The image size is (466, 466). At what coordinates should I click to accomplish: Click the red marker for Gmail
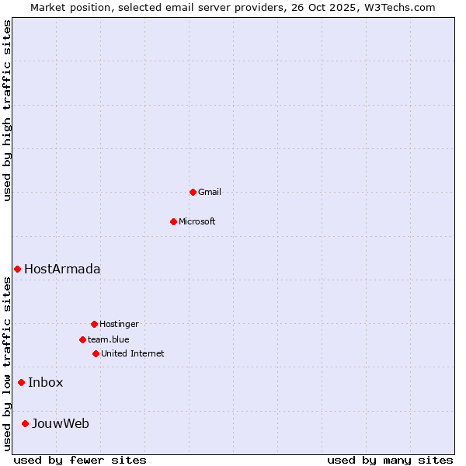pyautogui.click(x=193, y=192)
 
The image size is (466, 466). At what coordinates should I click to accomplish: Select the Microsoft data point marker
pyautogui.click(x=173, y=221)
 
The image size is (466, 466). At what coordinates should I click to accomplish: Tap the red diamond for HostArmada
pyautogui.click(x=17, y=269)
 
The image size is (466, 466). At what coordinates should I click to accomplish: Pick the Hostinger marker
pyautogui.click(x=94, y=324)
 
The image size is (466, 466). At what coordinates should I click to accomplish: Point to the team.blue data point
pyautogui.click(x=82, y=339)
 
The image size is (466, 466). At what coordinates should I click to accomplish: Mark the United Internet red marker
pyautogui.click(x=96, y=353)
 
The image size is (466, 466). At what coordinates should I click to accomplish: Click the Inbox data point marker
pyautogui.click(x=21, y=382)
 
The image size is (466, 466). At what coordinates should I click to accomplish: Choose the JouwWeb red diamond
pyautogui.click(x=25, y=423)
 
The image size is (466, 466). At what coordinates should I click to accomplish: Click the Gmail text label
pyautogui.click(x=210, y=192)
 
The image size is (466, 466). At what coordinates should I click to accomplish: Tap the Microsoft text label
pyautogui.click(x=197, y=221)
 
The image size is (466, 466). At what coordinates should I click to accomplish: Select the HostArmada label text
pyautogui.click(x=62, y=269)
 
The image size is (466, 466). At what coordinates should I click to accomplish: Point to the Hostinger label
pyautogui.click(x=119, y=324)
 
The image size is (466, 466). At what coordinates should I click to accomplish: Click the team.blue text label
pyautogui.click(x=109, y=339)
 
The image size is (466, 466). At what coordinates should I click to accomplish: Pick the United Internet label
pyautogui.click(x=133, y=353)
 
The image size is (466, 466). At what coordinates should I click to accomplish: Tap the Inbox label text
pyautogui.click(x=46, y=382)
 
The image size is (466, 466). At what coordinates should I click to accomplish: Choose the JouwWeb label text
pyautogui.click(x=61, y=423)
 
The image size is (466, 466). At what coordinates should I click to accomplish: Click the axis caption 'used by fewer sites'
pyautogui.click(x=80, y=460)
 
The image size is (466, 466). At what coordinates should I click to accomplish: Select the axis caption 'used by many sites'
pyautogui.click(x=390, y=460)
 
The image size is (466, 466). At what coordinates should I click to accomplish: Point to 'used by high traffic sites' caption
pyautogui.click(x=7, y=110)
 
